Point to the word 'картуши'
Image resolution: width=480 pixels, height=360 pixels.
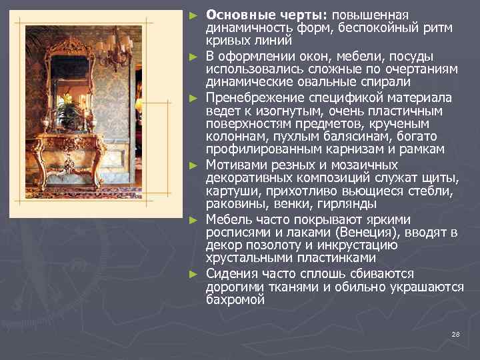[228, 191]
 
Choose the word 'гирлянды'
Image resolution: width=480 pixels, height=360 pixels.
[349, 203]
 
